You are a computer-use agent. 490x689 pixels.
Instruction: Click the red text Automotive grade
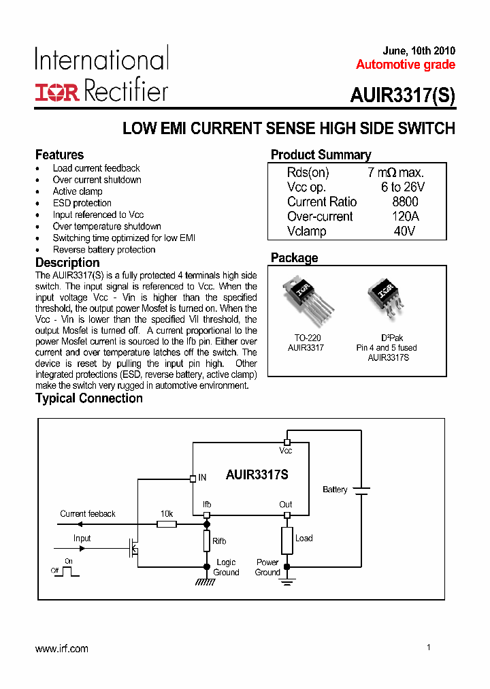click(405, 65)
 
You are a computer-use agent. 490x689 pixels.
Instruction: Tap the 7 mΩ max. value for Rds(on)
click(395, 172)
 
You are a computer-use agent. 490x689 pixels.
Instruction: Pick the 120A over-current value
click(405, 217)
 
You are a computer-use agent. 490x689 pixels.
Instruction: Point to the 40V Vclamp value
click(404, 231)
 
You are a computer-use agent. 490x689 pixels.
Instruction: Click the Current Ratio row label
click(321, 202)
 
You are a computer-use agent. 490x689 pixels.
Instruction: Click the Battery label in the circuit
click(335, 490)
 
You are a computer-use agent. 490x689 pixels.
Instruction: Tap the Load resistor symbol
click(287, 540)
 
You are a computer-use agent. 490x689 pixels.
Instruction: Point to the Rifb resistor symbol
click(207, 541)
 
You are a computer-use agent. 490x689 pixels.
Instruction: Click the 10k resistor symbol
click(167, 524)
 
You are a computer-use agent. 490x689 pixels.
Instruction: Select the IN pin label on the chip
click(202, 478)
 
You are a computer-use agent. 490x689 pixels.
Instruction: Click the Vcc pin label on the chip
click(286, 451)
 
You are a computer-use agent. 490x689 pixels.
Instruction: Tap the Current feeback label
click(88, 514)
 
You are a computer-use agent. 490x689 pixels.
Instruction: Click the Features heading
click(59, 155)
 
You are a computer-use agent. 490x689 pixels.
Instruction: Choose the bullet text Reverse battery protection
click(104, 250)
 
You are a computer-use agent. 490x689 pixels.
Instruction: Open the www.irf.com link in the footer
click(62, 649)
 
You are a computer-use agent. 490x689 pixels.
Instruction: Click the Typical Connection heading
click(89, 398)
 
